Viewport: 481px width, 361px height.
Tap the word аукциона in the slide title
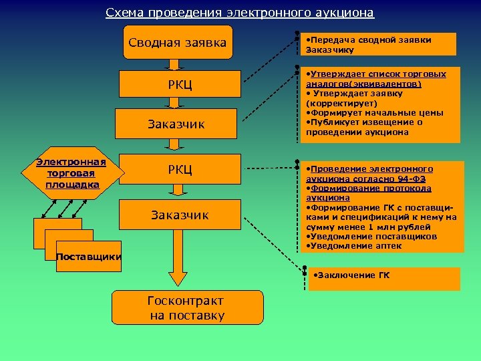tap(344, 13)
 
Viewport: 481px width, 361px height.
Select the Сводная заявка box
tap(178, 43)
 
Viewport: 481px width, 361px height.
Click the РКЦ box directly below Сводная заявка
tap(180, 84)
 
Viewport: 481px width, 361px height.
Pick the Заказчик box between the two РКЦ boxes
tap(176, 124)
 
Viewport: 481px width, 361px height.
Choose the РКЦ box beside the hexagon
tap(180, 169)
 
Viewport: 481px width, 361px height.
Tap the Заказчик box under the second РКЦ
tap(180, 215)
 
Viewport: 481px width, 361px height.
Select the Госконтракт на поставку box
tap(187, 308)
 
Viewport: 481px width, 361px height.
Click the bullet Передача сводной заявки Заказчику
tap(371, 44)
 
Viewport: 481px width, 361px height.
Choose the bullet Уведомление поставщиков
tap(371, 237)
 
